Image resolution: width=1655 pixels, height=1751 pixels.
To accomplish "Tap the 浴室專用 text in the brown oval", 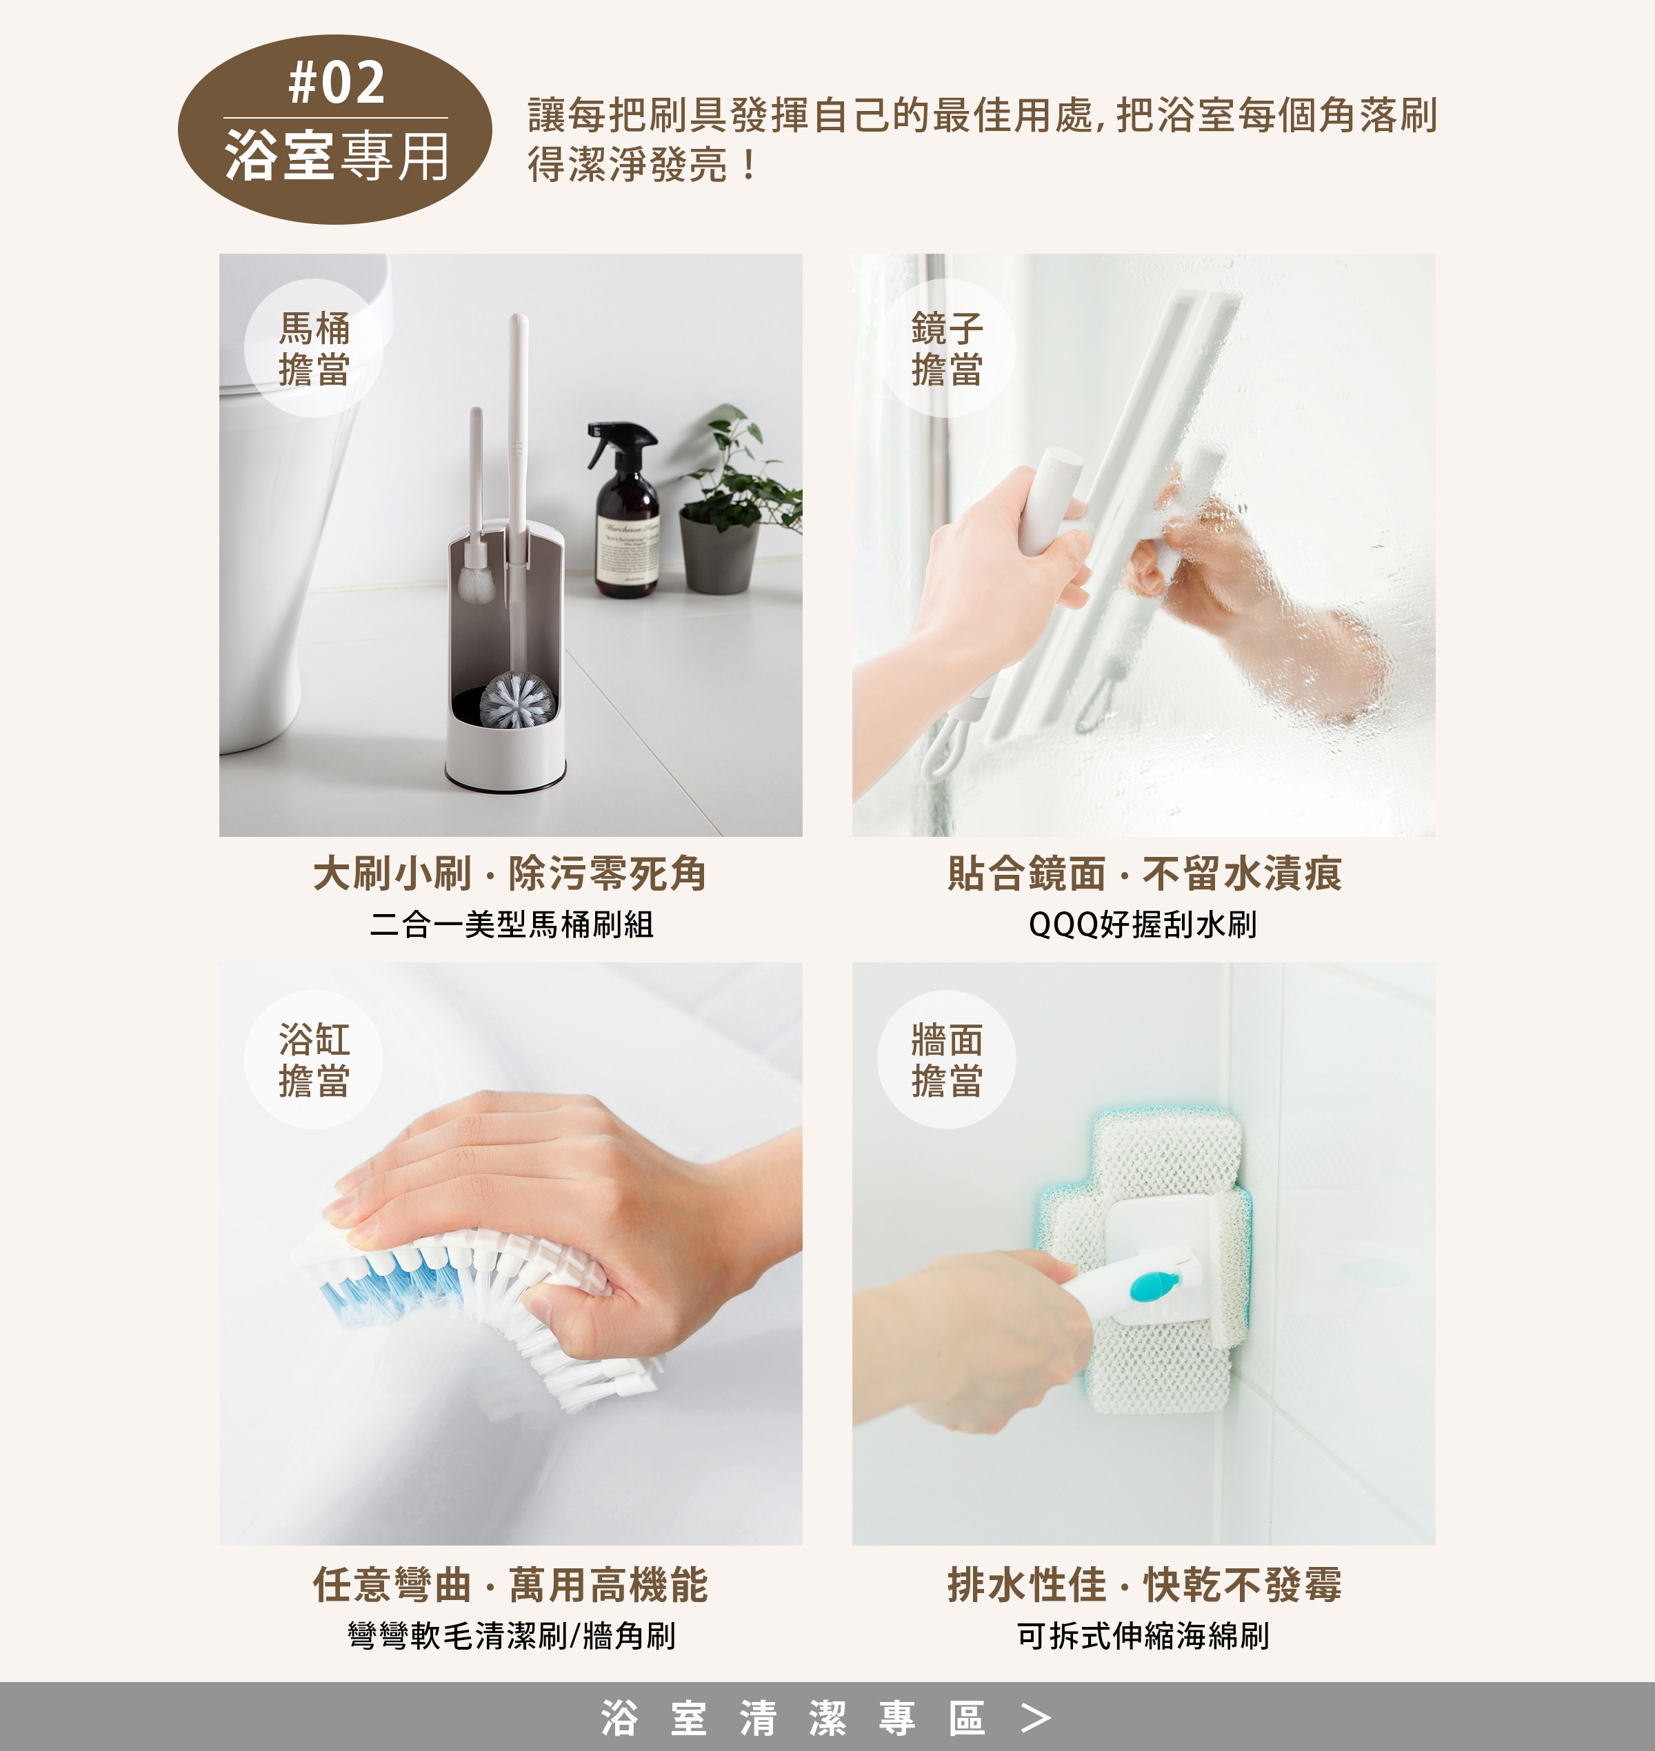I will (x=336, y=156).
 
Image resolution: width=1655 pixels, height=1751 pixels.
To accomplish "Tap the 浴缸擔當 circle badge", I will (x=313, y=1060).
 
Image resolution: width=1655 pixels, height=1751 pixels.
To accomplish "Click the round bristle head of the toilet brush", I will (x=518, y=700).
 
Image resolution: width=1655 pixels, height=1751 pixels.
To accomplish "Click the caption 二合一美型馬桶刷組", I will (x=511, y=924).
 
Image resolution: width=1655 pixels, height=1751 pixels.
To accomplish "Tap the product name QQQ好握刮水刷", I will (x=1143, y=924).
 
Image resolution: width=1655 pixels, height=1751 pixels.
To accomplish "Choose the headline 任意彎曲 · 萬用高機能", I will (x=511, y=1584).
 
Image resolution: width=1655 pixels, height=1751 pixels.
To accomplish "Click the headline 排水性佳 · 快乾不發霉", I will (x=1144, y=1584).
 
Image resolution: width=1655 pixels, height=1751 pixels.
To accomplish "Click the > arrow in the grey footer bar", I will (x=1036, y=1717).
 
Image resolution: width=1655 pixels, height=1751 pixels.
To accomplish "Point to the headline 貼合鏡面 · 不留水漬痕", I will (x=1144, y=873).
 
